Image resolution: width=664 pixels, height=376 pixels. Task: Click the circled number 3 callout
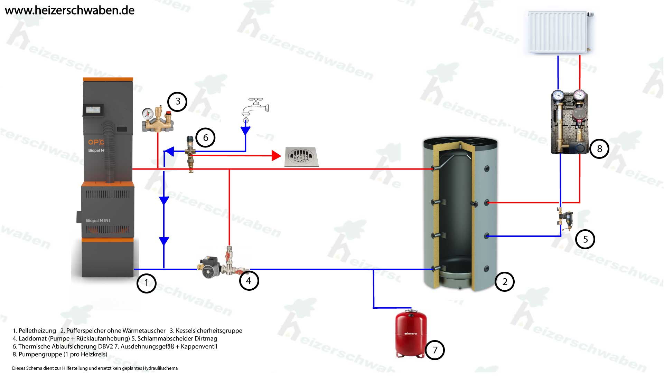177,102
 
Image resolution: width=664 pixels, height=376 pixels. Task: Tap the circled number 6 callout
205,138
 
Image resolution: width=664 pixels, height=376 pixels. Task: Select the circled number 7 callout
435,350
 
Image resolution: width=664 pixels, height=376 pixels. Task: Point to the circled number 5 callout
585,239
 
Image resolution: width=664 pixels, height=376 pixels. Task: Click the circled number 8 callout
599,149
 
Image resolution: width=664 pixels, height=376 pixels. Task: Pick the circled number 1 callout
146,283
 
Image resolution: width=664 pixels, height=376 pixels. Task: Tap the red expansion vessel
411,334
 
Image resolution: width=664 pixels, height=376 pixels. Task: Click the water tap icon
255,108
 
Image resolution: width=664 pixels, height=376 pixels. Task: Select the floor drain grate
301,157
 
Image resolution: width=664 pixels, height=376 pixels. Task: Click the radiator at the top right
558,32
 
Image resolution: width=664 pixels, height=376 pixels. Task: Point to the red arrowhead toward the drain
276,156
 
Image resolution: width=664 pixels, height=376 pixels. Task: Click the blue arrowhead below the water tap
245,131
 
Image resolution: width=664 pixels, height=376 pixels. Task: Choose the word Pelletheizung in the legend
37,331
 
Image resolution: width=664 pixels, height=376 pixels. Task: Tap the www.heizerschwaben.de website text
69,10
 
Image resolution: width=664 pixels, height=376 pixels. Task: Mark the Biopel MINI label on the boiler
98,221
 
